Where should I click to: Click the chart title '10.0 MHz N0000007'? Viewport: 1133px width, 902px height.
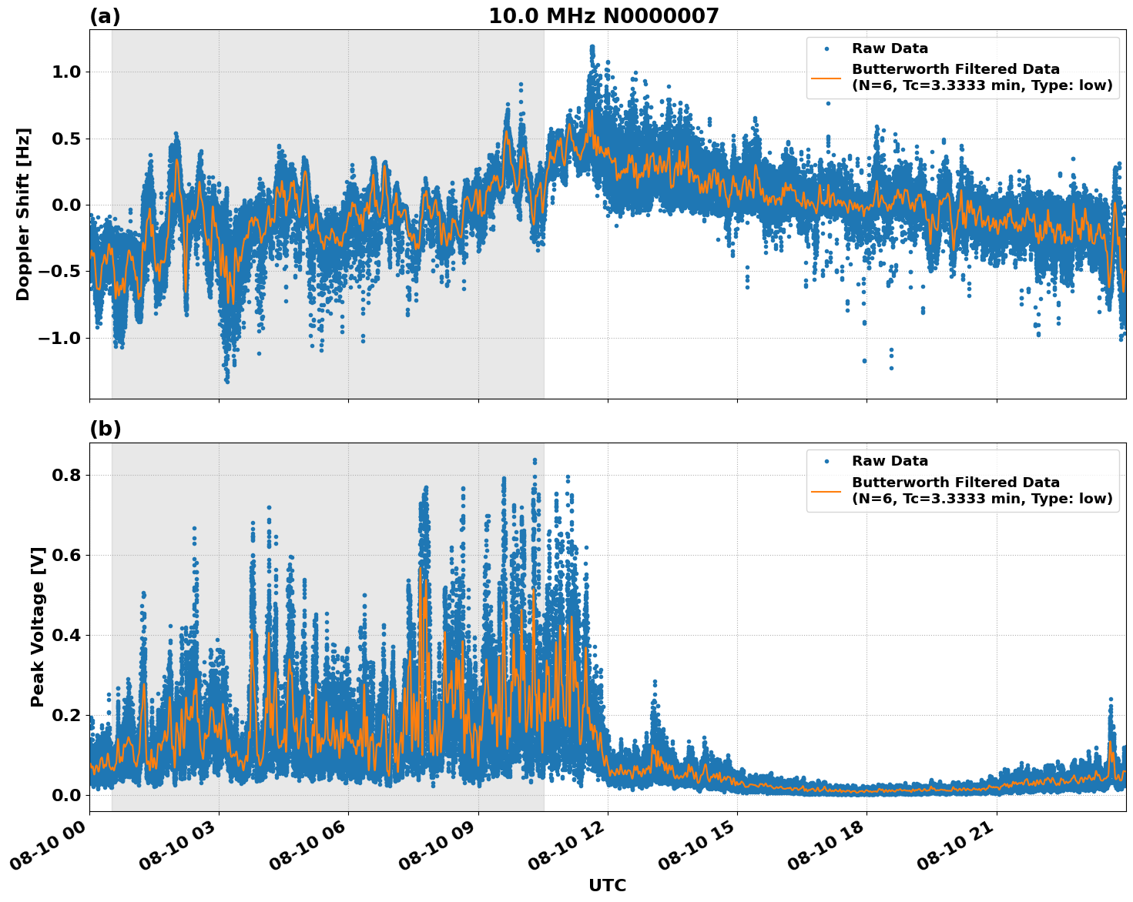click(x=603, y=16)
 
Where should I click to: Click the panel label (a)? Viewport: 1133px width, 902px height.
click(x=105, y=16)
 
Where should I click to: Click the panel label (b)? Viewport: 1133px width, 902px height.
click(x=105, y=429)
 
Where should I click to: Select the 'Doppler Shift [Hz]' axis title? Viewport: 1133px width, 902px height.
click(x=23, y=214)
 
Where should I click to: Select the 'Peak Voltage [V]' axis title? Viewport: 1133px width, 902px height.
click(x=38, y=626)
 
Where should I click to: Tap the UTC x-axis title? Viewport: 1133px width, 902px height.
click(x=607, y=885)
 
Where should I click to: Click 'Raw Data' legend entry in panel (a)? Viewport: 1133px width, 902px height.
click(x=890, y=48)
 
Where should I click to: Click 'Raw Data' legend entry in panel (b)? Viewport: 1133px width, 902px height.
click(x=890, y=461)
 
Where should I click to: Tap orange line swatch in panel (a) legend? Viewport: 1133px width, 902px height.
click(x=826, y=77)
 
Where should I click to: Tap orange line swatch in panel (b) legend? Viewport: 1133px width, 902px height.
click(x=826, y=490)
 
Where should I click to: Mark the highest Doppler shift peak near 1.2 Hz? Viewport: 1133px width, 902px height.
click(x=592, y=47)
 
